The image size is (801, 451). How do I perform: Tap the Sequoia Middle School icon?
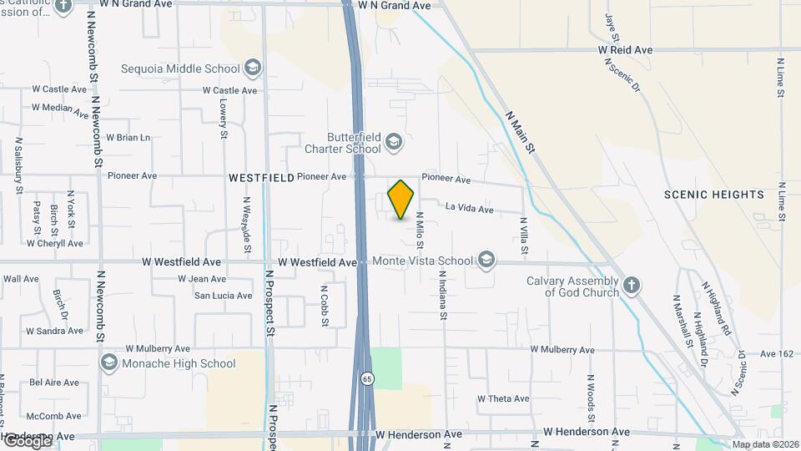point(253,68)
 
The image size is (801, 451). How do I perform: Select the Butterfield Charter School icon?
point(393,144)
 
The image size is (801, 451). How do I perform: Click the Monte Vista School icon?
point(486,261)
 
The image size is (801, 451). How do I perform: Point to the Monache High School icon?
point(108,363)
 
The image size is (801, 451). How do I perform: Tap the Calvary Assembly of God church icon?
point(632,286)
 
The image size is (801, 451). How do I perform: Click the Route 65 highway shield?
point(367,379)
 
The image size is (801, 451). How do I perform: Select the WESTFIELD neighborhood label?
point(261,178)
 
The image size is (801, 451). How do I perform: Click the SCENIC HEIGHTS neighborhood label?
point(714,195)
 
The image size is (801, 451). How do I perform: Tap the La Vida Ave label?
point(470,207)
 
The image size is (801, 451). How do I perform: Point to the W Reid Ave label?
point(625,50)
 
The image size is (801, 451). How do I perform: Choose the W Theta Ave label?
point(503,398)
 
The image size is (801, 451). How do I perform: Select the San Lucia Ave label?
point(223,296)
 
